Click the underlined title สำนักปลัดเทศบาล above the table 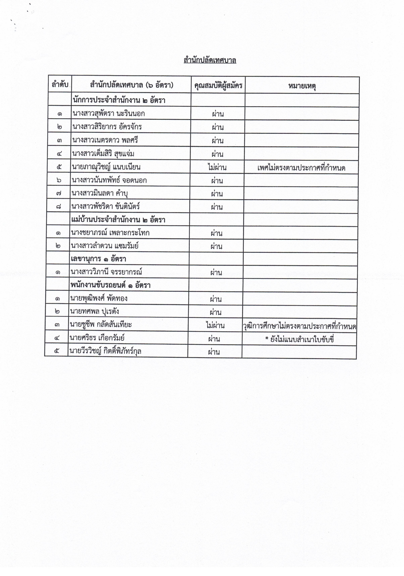[x=210, y=60]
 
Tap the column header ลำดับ [x=60, y=85]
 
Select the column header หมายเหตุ [x=302, y=86]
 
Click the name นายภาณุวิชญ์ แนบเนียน [x=106, y=167]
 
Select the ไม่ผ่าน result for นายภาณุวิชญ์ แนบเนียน [x=217, y=167]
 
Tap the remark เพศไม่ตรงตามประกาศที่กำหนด [x=301, y=168]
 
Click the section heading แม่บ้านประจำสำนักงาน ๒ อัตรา [x=118, y=220]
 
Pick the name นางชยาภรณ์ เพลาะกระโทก [x=110, y=233]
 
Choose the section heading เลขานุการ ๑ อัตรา [x=98, y=259]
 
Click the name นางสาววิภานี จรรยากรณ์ [x=106, y=272]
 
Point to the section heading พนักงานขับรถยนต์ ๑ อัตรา [x=110, y=285]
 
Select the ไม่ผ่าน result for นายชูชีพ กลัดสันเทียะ [x=215, y=325]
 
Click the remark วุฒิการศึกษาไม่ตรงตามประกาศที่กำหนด [x=299, y=326]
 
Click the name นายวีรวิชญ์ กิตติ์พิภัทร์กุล [x=105, y=351]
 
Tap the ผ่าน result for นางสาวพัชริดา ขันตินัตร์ [x=217, y=207]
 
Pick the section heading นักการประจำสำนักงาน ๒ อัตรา [x=119, y=100]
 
